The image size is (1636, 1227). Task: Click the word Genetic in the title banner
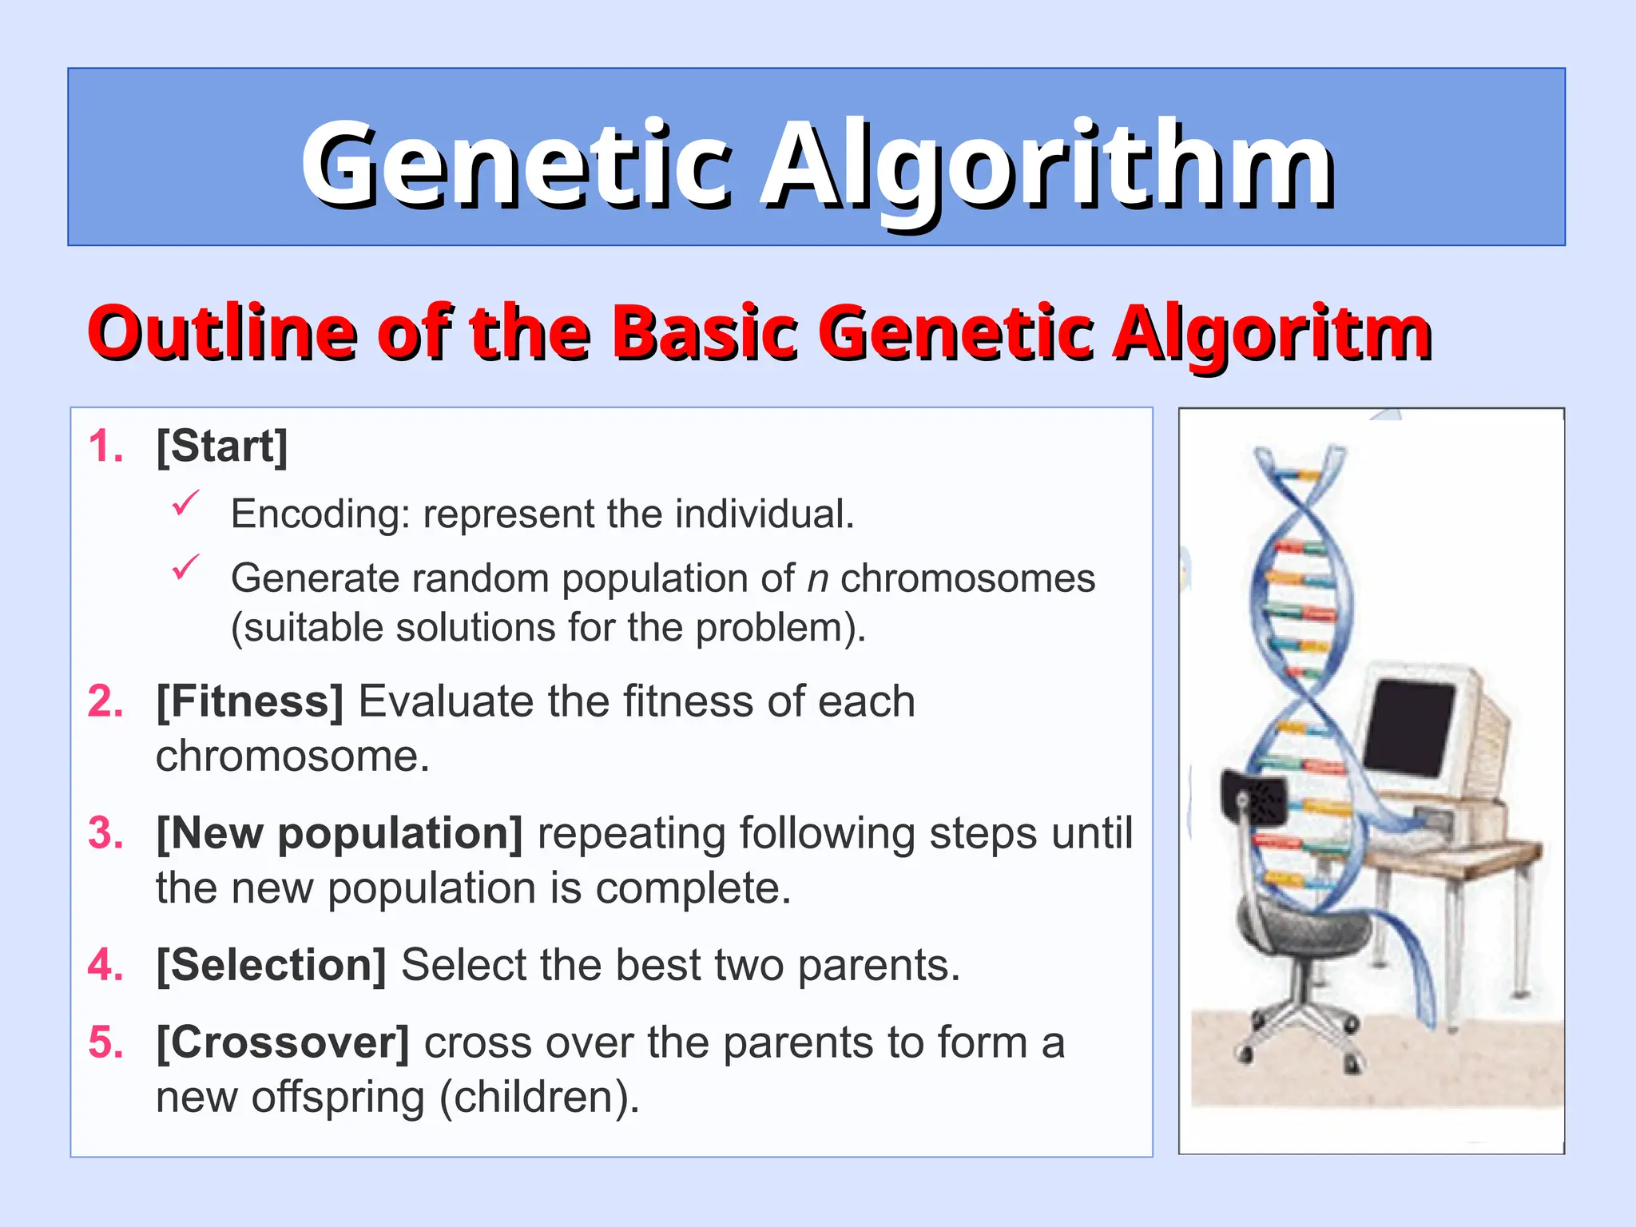point(515,164)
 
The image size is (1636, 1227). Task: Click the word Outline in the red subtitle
point(221,332)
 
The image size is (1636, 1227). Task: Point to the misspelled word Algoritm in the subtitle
point(1272,332)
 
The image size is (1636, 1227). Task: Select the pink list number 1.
point(105,447)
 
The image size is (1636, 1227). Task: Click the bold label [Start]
point(221,447)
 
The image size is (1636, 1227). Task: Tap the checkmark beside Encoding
point(185,504)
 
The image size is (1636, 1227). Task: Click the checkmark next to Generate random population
point(185,568)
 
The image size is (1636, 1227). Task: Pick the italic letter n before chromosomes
point(817,579)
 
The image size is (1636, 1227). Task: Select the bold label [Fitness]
point(249,702)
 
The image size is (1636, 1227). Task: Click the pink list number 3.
point(105,834)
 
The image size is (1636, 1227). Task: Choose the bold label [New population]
point(340,834)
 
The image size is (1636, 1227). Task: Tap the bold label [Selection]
point(271,966)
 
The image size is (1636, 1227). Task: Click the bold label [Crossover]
point(282,1043)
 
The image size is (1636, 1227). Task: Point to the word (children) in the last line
point(539,1098)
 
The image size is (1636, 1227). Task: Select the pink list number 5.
point(105,1043)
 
